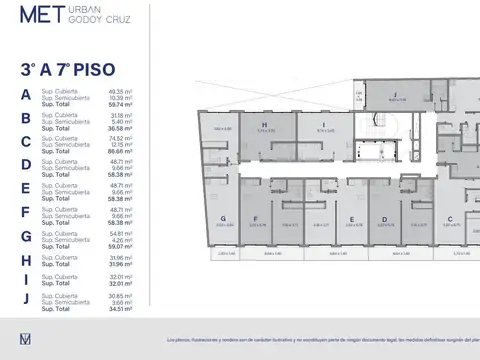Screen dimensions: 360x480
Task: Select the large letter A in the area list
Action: tap(25, 95)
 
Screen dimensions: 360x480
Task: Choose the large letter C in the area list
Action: tap(25, 141)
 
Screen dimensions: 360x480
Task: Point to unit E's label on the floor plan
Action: tap(352, 218)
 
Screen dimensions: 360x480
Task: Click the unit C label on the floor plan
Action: tap(451, 218)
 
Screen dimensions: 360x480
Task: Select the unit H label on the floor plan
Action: tap(264, 125)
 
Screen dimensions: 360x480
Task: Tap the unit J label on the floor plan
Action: tap(397, 94)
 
